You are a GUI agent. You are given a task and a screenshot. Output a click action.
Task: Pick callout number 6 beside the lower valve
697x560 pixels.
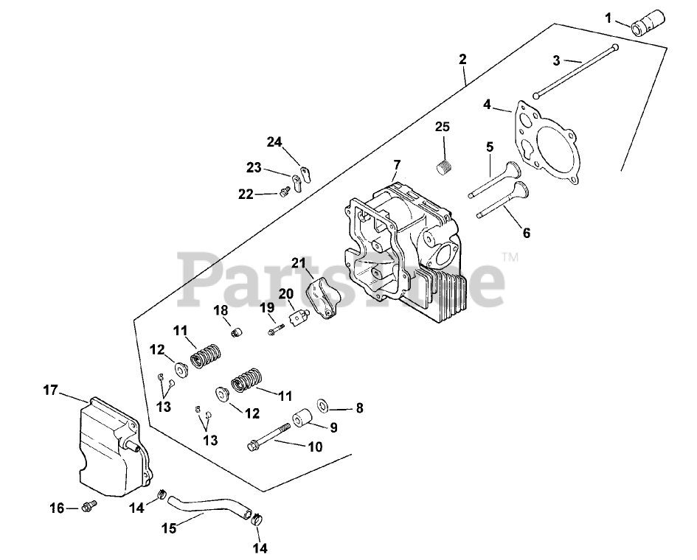pyautogui.click(x=526, y=233)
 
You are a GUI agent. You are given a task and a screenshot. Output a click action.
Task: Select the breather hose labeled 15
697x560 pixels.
pyautogui.click(x=209, y=508)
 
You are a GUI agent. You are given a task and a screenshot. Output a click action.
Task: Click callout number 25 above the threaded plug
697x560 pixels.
pyautogui.click(x=442, y=127)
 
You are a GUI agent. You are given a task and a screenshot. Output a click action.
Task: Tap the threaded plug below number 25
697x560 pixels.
pyautogui.click(x=443, y=168)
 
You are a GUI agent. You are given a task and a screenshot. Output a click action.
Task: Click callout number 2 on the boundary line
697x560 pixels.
pyautogui.click(x=462, y=58)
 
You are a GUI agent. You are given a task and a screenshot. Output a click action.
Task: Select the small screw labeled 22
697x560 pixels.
pyautogui.click(x=283, y=192)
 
